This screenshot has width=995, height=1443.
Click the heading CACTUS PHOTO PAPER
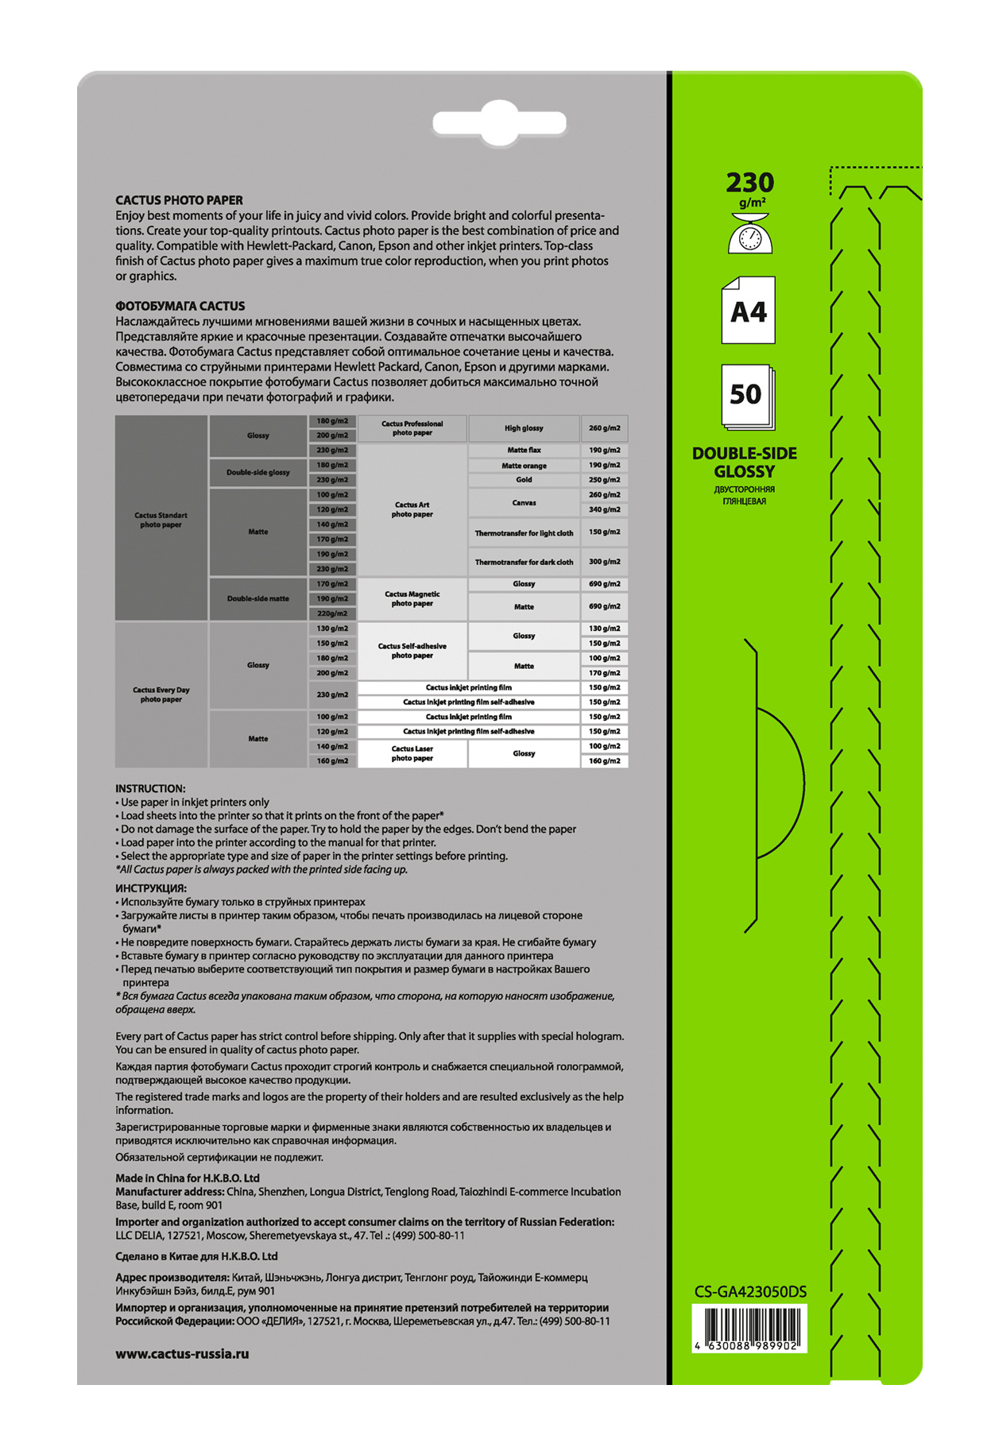tap(179, 200)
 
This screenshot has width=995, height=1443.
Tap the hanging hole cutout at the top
tap(499, 123)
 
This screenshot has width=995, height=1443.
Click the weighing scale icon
tap(750, 234)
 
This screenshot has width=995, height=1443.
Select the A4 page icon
tap(748, 311)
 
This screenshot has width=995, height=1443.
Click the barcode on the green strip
tap(750, 1329)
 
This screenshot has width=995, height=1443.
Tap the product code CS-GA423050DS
tap(750, 1291)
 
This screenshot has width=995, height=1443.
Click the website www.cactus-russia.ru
tap(182, 1353)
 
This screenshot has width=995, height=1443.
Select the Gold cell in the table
tap(524, 480)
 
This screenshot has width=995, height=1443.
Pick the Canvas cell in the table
tap(524, 502)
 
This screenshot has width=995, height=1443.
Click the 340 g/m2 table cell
tap(604, 509)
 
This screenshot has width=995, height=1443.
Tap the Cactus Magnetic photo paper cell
tap(412, 599)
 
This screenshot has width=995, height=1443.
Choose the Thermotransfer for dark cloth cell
tap(524, 562)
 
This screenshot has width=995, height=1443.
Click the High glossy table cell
tap(524, 428)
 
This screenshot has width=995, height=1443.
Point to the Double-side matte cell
tap(258, 598)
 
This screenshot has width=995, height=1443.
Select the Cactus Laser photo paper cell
tap(412, 753)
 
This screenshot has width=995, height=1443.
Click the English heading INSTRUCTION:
tap(150, 788)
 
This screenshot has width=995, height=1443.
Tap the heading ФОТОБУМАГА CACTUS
tap(180, 306)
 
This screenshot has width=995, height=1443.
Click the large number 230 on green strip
tap(749, 183)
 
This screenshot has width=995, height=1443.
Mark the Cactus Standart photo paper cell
tap(161, 520)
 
